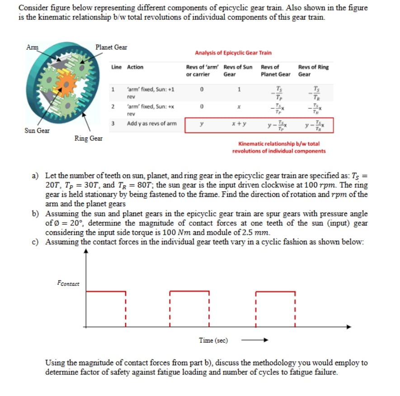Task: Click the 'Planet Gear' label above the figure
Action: pyautogui.click(x=111, y=47)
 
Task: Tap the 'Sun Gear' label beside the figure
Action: pyautogui.click(x=37, y=130)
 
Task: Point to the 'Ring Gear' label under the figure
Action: pyautogui.click(x=89, y=139)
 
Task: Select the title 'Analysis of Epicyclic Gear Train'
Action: pyautogui.click(x=233, y=53)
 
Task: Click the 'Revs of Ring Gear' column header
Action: pyautogui.click(x=313, y=70)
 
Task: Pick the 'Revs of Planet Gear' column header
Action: pyautogui.click(x=275, y=70)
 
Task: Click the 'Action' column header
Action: pyautogui.click(x=135, y=67)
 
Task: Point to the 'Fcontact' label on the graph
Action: pyautogui.click(x=68, y=283)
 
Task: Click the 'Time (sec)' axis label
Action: pyautogui.click(x=213, y=340)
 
